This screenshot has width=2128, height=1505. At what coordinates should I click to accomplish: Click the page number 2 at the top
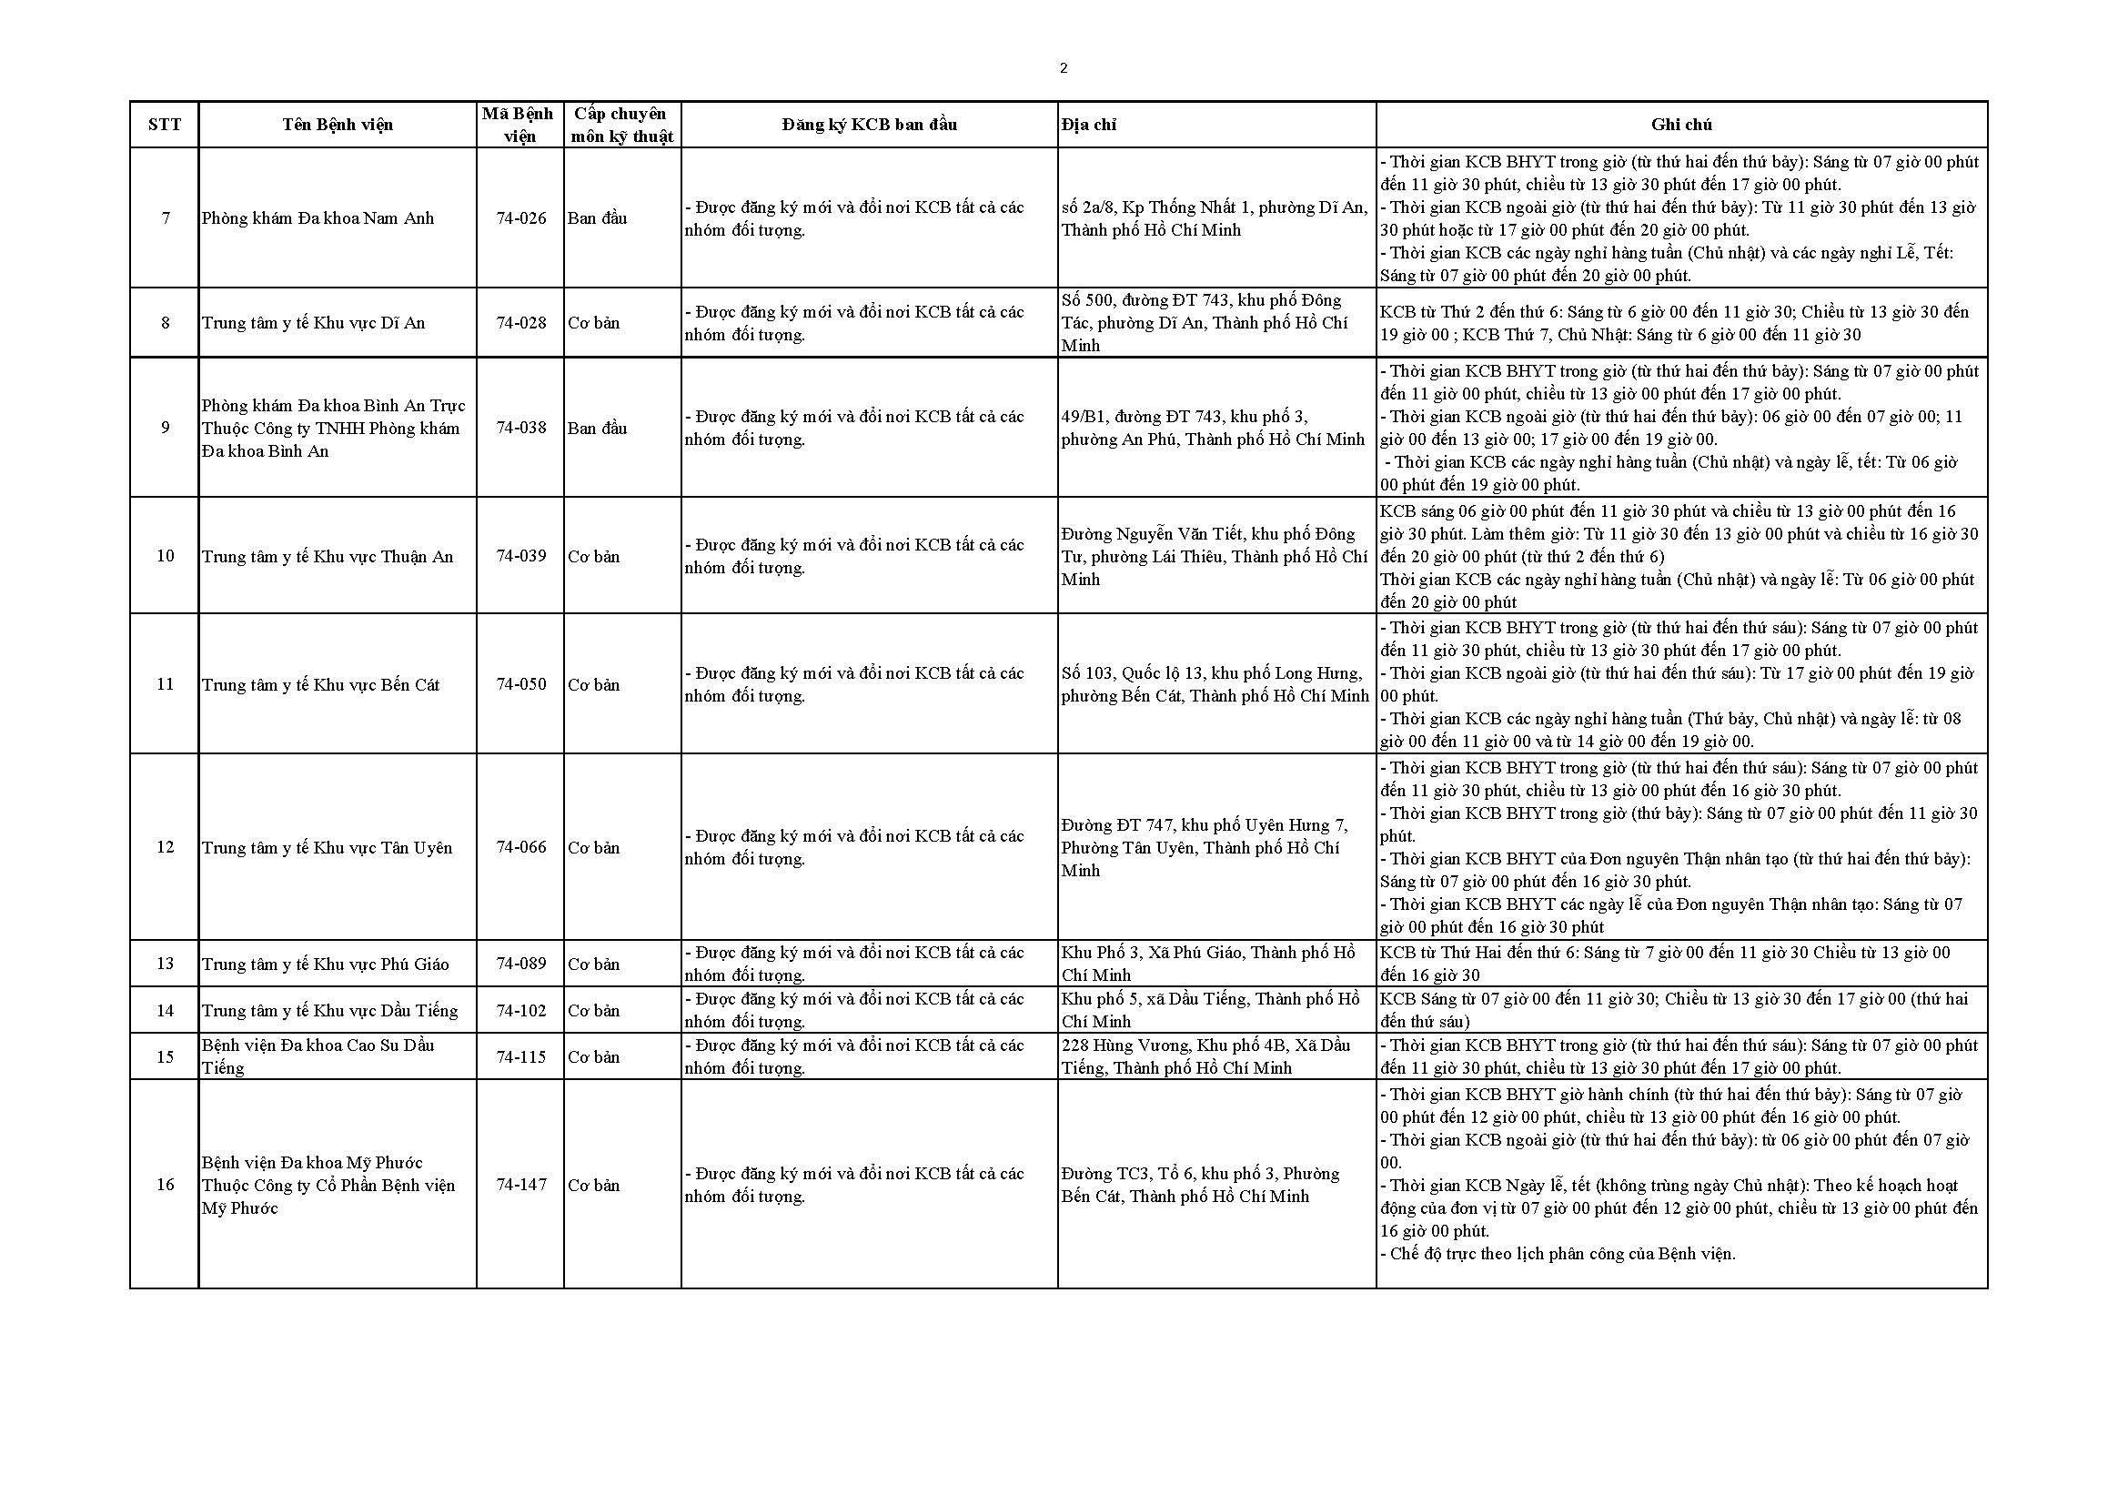[1063, 68]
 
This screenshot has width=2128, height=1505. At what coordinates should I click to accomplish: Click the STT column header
[164, 125]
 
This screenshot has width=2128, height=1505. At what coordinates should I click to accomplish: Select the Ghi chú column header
[1681, 125]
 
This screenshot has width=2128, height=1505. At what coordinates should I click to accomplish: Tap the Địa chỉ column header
[1089, 125]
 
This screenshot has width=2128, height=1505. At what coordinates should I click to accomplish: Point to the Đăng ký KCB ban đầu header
[869, 125]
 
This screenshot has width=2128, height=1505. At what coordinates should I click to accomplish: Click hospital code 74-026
[521, 218]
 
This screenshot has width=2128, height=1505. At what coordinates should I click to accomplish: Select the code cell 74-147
[521, 1185]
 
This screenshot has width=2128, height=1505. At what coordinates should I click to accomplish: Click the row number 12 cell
[165, 847]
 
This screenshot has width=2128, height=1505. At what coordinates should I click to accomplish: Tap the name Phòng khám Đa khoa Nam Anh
[318, 218]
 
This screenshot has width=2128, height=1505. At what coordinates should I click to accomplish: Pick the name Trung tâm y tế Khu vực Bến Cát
[320, 685]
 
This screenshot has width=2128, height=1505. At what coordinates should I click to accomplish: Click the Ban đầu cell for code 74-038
[597, 429]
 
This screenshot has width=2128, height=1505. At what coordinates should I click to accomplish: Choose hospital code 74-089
[521, 964]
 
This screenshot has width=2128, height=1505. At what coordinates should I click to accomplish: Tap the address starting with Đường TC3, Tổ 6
[1200, 1186]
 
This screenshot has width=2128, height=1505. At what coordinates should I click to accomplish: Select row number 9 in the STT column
[165, 429]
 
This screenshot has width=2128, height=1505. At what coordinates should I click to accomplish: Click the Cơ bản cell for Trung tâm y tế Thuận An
[594, 557]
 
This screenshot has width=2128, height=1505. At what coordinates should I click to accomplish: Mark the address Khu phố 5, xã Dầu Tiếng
[1210, 1010]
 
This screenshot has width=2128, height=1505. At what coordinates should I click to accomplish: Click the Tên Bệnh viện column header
[338, 125]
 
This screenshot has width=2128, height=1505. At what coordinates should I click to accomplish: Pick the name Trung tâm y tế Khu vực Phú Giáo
[326, 965]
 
